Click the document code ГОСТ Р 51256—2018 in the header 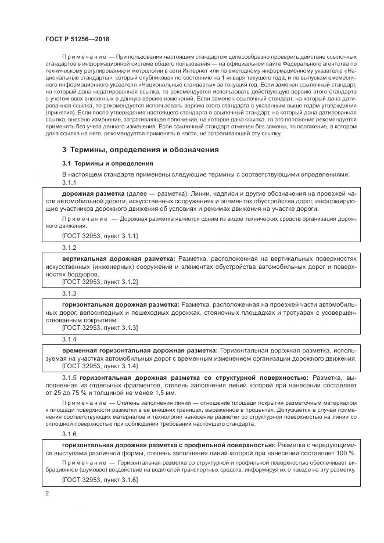pos(77,38)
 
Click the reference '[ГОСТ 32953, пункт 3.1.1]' pos(99,236)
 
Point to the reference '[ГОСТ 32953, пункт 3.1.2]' pos(99,282)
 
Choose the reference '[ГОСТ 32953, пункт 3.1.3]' pos(99,328)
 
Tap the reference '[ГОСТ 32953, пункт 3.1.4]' pos(99,367)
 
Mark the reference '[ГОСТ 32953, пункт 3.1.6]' pos(99,480)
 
